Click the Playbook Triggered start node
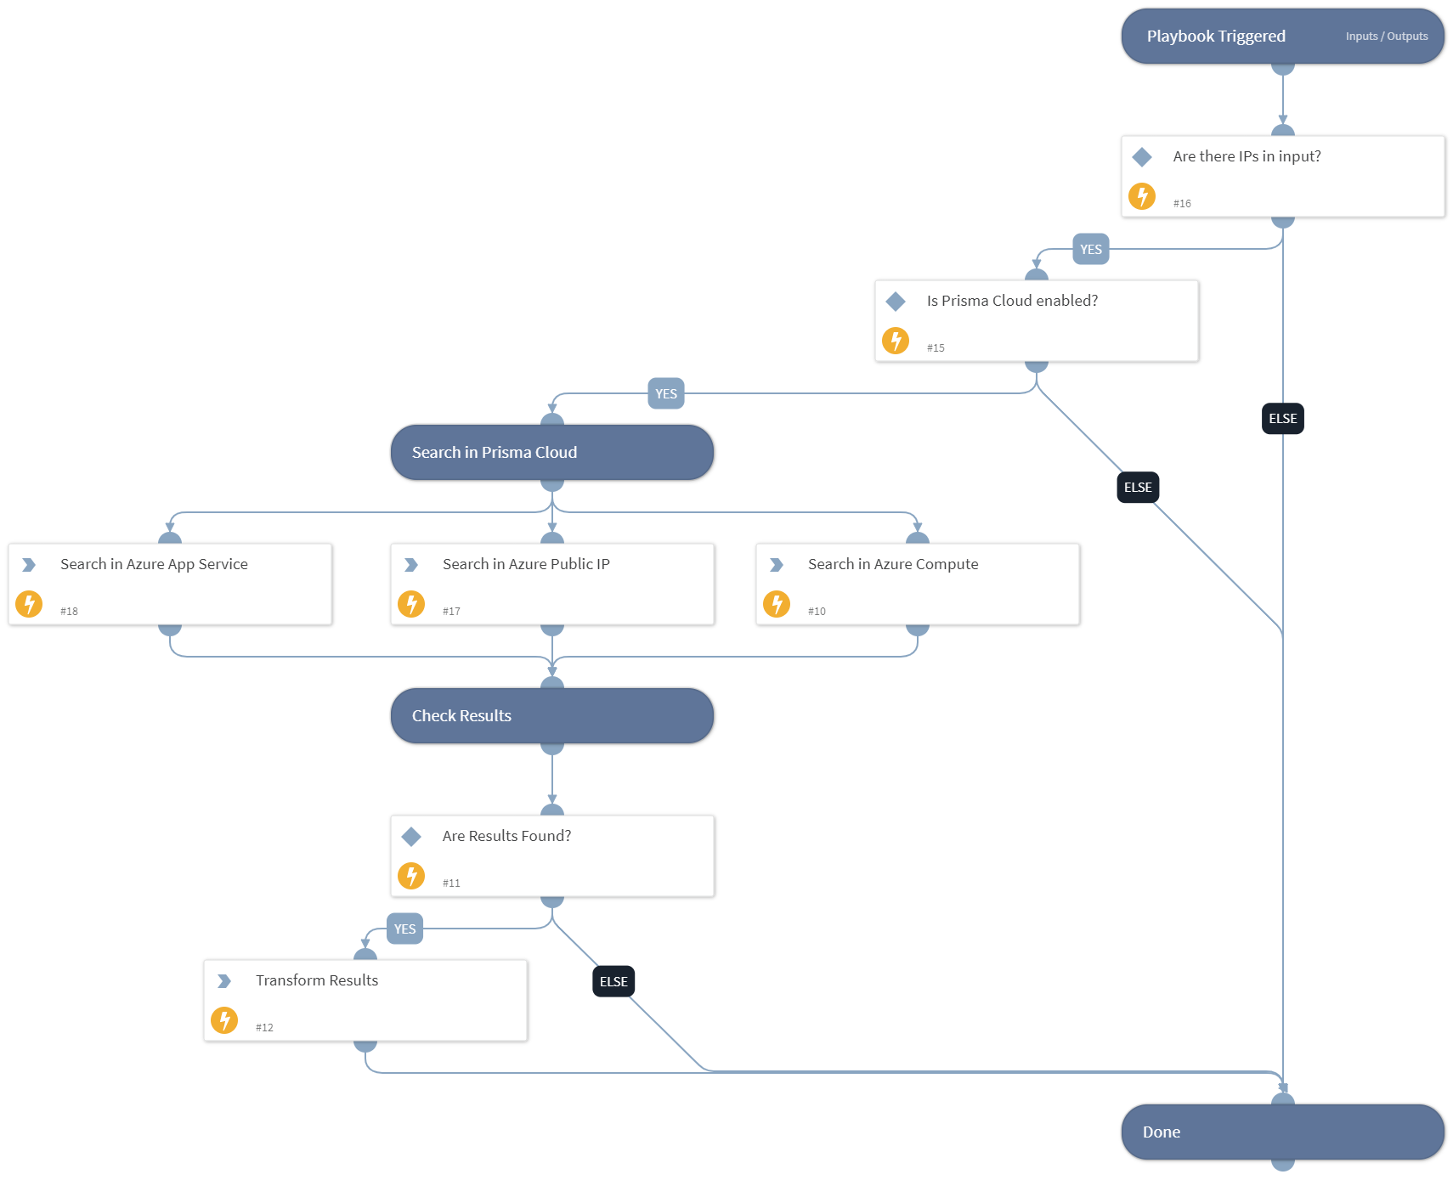1215,37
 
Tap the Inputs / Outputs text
1386,37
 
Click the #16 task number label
1182,204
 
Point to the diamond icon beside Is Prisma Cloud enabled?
896,302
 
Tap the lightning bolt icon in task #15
896,341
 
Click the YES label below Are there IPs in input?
1090,250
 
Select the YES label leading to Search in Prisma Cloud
665,394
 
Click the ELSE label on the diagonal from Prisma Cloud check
1137,488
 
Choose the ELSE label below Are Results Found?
613,982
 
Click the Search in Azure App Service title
154,564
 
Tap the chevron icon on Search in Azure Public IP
411,565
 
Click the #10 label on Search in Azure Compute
817,612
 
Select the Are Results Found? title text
506,836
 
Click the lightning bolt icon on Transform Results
224,1020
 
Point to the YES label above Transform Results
404,929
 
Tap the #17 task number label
451,612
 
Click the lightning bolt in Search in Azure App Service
29,604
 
